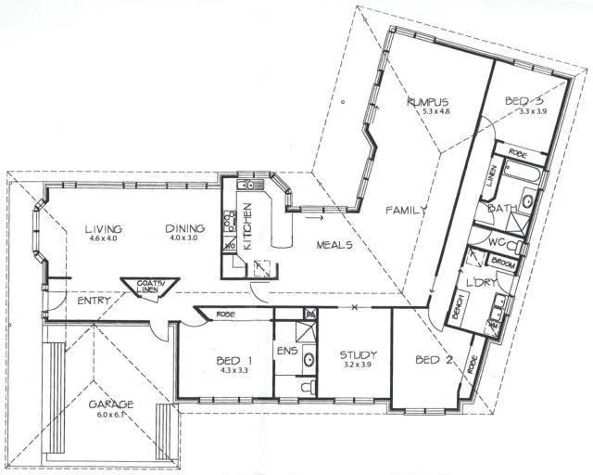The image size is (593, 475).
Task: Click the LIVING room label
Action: click(102, 228)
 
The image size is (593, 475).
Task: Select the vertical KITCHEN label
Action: click(247, 226)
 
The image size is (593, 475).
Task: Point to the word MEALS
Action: click(333, 245)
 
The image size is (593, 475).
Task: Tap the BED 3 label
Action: click(524, 100)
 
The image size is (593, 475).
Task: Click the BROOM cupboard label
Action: click(503, 263)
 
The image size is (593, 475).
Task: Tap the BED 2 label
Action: click(433, 360)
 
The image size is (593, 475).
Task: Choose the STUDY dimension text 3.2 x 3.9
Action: click(356, 365)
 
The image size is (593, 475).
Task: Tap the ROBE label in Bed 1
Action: click(225, 315)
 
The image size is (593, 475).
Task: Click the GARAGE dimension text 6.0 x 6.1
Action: click(110, 415)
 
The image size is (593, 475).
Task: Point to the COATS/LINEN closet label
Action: click(145, 288)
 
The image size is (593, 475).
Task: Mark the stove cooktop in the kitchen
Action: click(228, 224)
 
